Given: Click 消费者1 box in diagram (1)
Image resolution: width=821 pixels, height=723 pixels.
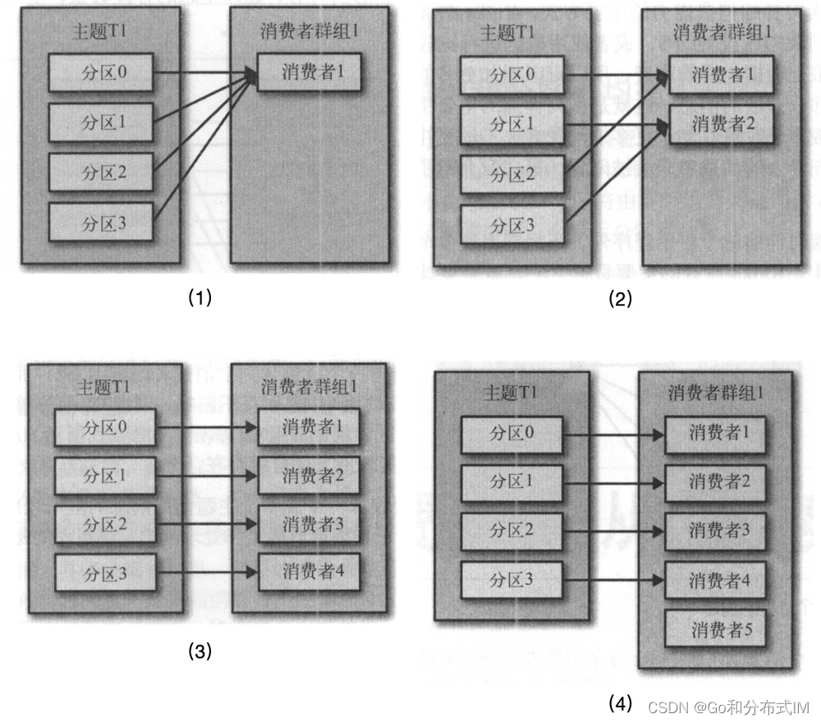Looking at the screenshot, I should (x=309, y=72).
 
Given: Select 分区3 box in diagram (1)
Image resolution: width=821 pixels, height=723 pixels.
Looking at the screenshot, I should (x=100, y=222).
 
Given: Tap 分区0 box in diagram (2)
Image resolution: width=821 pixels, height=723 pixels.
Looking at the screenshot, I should (x=512, y=76).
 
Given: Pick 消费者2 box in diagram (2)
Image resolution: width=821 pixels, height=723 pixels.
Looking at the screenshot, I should (x=721, y=125).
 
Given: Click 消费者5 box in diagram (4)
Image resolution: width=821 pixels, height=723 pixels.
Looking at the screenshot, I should (x=717, y=630).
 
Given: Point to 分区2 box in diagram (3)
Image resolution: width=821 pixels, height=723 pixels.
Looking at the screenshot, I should (x=105, y=524).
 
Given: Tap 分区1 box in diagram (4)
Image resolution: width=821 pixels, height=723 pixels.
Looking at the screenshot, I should (x=512, y=481).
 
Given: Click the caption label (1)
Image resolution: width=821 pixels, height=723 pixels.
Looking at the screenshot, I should (x=200, y=297).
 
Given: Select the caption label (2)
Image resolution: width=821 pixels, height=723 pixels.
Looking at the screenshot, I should (x=620, y=299).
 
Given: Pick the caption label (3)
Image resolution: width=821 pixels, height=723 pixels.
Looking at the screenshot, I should (x=200, y=652).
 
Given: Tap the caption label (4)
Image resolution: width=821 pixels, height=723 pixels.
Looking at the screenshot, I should (x=620, y=703).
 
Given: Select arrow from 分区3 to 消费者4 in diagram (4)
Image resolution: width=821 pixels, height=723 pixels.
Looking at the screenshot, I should (x=612, y=579).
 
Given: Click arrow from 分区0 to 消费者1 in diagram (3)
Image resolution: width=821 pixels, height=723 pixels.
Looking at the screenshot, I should (x=206, y=428).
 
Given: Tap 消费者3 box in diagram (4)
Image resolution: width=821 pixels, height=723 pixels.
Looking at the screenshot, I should (x=717, y=530).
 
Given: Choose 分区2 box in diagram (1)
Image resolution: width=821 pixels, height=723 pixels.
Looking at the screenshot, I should (x=100, y=173).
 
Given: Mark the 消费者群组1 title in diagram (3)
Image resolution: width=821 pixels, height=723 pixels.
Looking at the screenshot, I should (x=310, y=385).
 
